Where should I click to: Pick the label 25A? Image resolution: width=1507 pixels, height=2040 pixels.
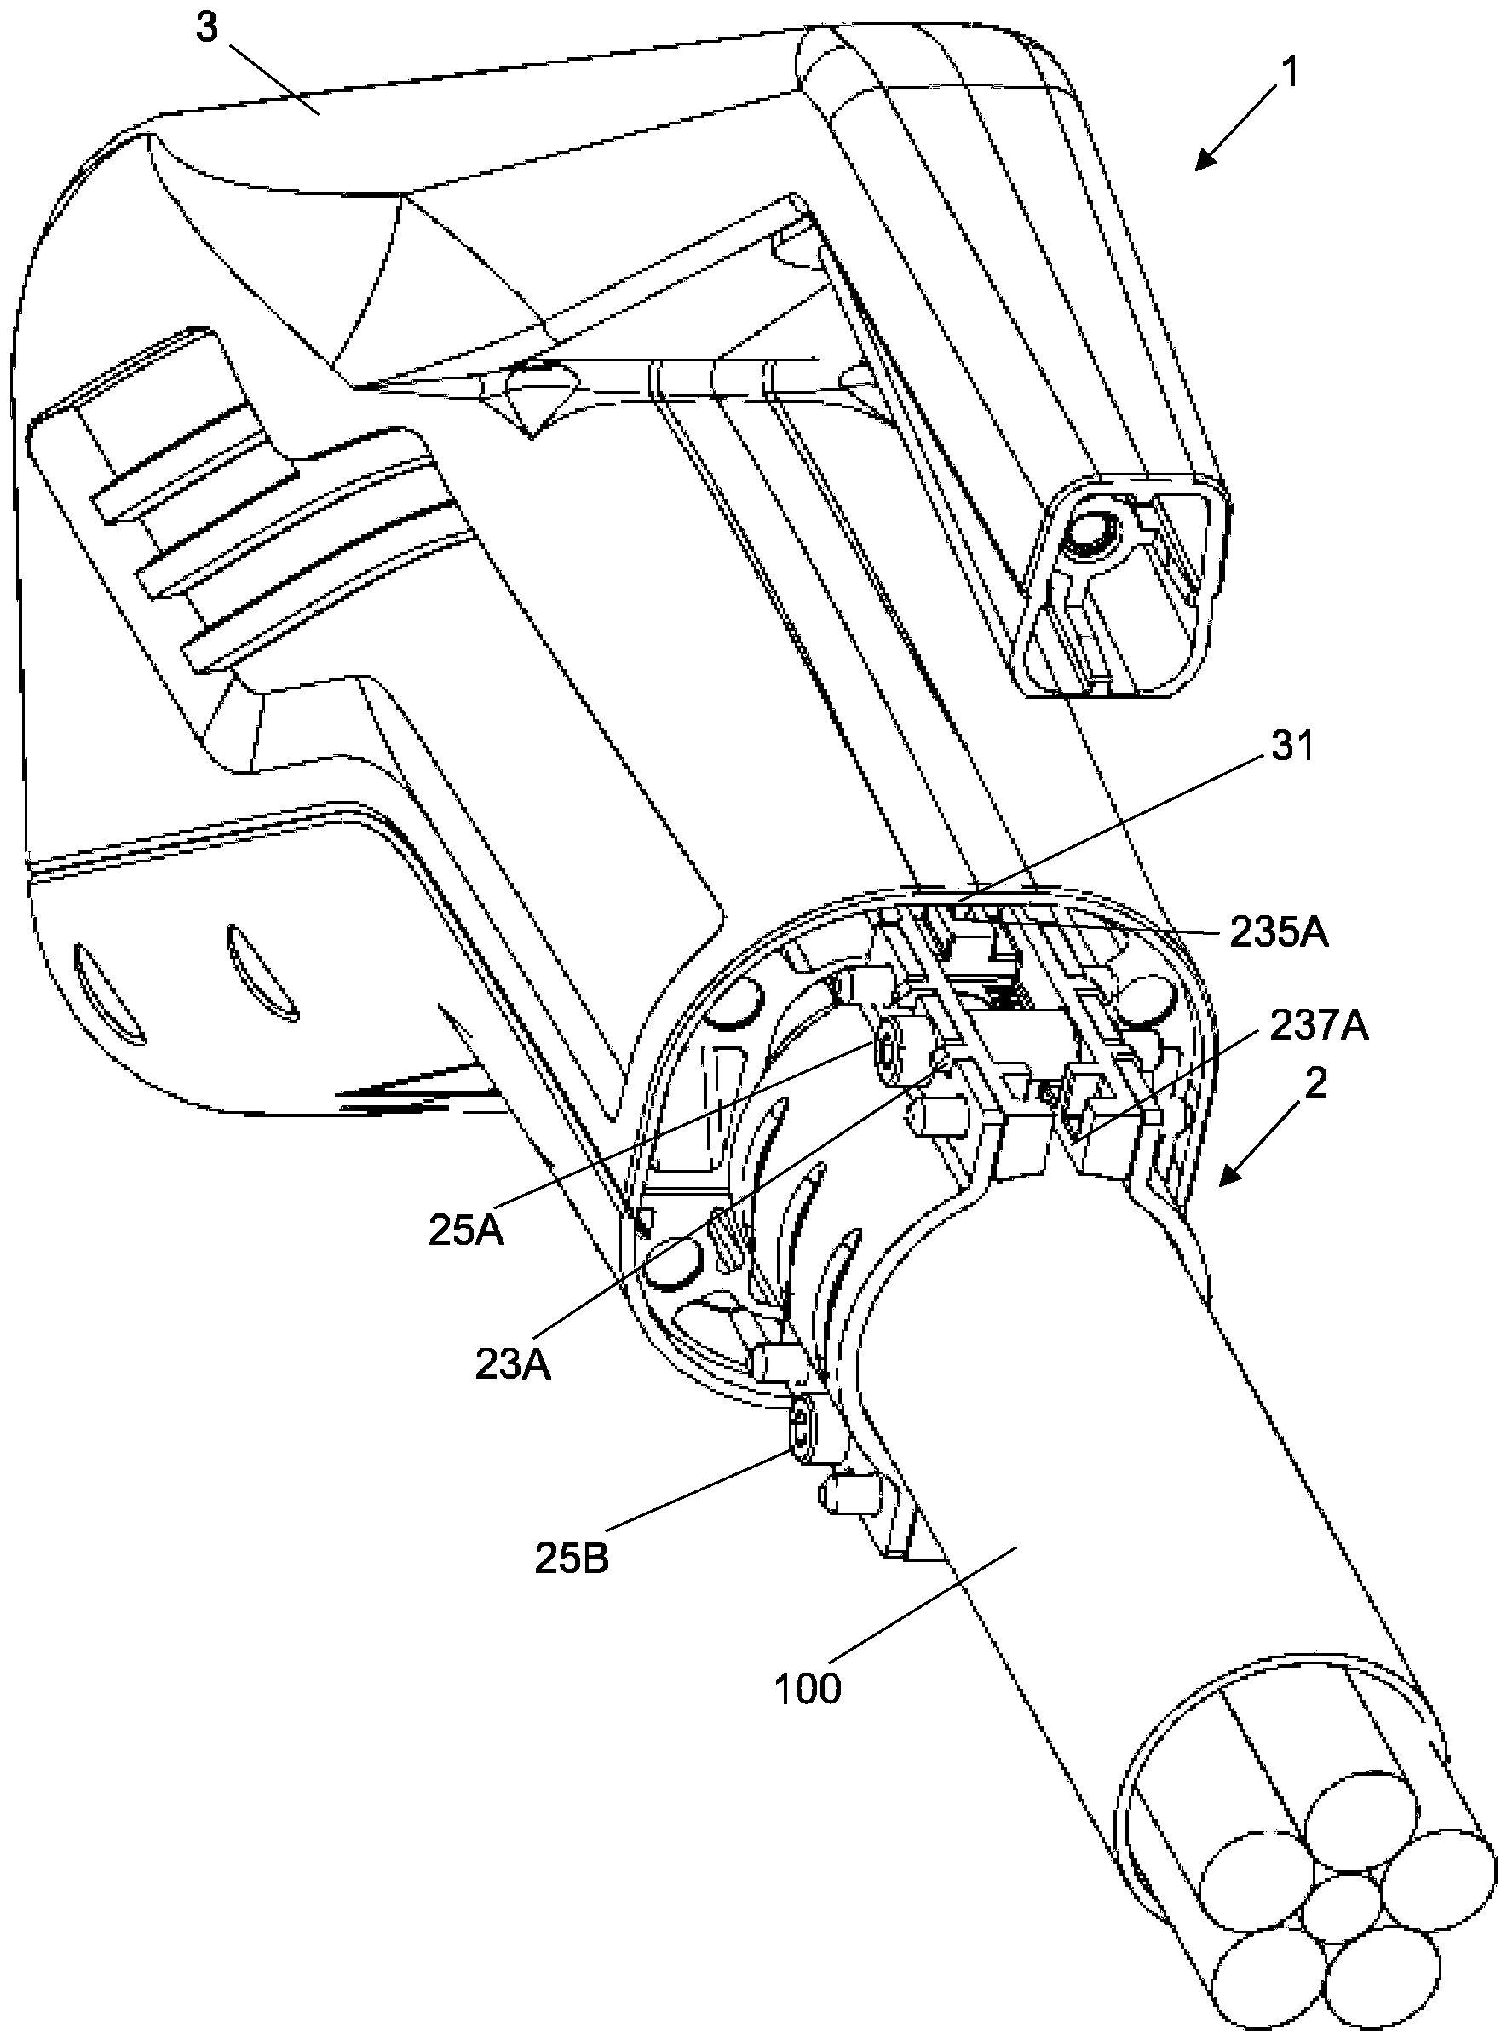point(466,1231)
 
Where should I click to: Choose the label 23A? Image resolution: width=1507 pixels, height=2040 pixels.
point(513,1364)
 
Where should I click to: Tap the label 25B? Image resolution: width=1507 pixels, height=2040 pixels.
point(572,1559)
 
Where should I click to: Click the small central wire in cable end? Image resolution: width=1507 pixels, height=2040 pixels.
point(1339,1907)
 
